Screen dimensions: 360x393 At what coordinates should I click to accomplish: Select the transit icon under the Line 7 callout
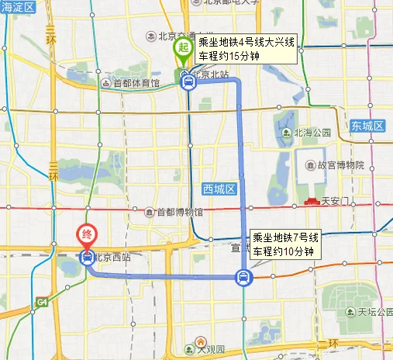click(x=243, y=277)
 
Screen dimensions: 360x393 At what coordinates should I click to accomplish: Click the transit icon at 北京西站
click(x=86, y=256)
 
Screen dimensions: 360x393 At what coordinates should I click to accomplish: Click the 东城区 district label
click(x=367, y=126)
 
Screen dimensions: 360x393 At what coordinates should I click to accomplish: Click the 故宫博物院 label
click(x=340, y=164)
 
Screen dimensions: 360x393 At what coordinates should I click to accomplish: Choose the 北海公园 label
click(x=312, y=133)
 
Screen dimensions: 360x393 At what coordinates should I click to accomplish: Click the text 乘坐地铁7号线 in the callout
click(x=283, y=238)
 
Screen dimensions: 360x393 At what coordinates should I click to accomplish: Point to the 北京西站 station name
click(x=109, y=254)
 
